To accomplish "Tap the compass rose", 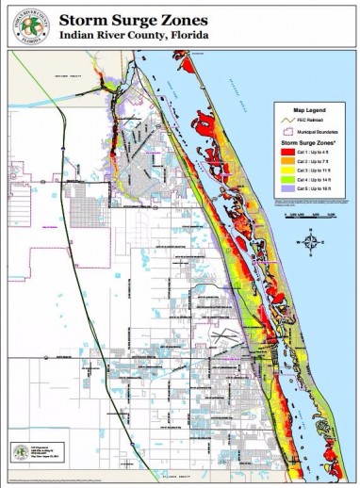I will click(x=311, y=241).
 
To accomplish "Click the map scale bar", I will click(x=309, y=218).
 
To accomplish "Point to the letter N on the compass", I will click(x=311, y=230).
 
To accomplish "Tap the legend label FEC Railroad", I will click(x=315, y=122).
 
